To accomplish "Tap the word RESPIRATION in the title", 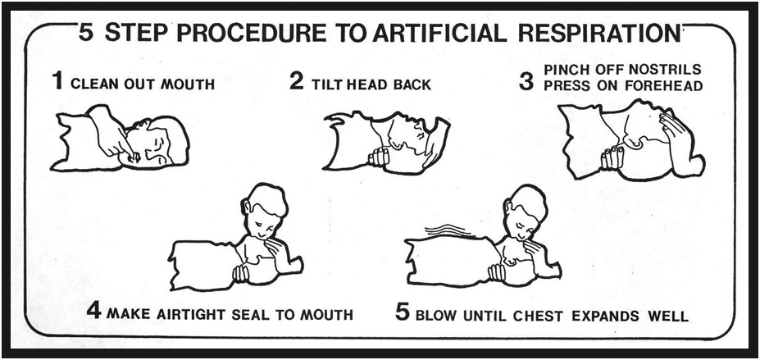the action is (599, 33).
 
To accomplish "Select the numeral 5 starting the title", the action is (86, 33).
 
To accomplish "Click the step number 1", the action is (58, 80).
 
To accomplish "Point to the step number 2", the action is (297, 80).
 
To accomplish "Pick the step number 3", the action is (526, 81).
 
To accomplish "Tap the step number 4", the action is (93, 310).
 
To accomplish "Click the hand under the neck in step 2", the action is (379, 157).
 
